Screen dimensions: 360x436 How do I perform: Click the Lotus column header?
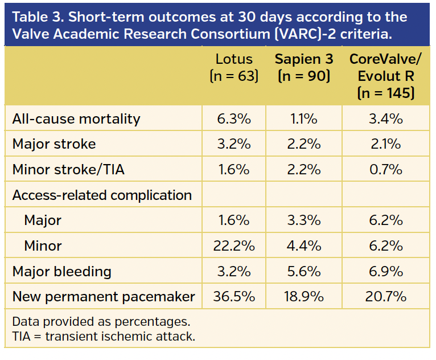(234, 67)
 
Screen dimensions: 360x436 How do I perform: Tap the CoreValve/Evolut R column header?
(385, 75)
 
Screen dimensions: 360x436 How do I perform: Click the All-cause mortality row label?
(76, 119)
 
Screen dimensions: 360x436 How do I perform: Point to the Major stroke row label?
(54, 144)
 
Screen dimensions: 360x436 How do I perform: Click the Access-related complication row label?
(102, 195)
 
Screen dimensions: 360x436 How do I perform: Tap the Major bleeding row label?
(62, 271)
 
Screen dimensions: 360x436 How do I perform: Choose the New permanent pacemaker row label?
(104, 297)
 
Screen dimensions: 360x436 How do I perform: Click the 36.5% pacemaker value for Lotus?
(234, 297)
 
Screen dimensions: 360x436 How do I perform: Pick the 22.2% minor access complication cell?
(234, 246)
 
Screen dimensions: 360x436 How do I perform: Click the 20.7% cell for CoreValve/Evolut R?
(385, 297)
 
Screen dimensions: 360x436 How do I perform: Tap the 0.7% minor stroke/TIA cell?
(385, 170)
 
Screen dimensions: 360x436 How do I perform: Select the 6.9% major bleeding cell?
(385, 271)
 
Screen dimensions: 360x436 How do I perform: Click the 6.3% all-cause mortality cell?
(234, 119)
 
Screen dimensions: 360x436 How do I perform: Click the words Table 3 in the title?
(39, 17)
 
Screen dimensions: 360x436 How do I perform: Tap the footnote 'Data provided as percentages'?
(101, 321)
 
